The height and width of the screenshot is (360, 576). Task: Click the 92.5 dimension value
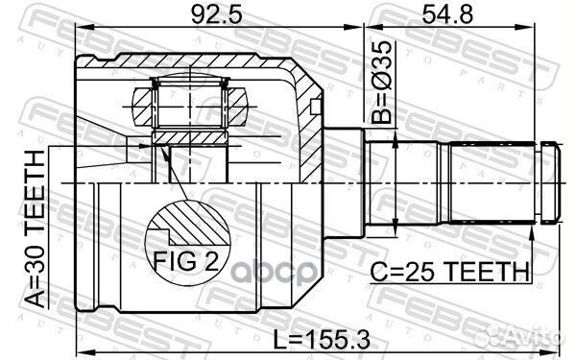217,15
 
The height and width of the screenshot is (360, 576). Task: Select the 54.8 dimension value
447,15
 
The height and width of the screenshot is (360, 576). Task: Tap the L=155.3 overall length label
322,339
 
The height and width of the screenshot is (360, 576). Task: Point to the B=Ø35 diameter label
381,82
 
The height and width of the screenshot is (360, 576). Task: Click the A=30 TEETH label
36,229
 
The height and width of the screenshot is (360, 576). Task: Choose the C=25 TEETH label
449,272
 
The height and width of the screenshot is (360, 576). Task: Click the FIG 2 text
186,261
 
